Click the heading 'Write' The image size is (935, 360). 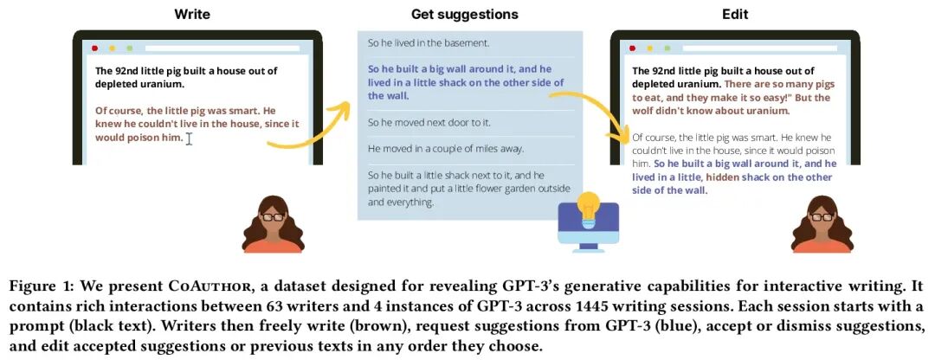[192, 14]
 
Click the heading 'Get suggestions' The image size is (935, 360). [464, 14]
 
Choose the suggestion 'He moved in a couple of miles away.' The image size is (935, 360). [446, 149]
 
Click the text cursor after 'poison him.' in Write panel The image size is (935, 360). [189, 138]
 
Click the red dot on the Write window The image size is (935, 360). [94, 48]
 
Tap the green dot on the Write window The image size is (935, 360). [129, 48]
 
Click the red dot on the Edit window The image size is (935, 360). [633, 48]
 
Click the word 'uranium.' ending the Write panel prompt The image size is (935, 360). [161, 85]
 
